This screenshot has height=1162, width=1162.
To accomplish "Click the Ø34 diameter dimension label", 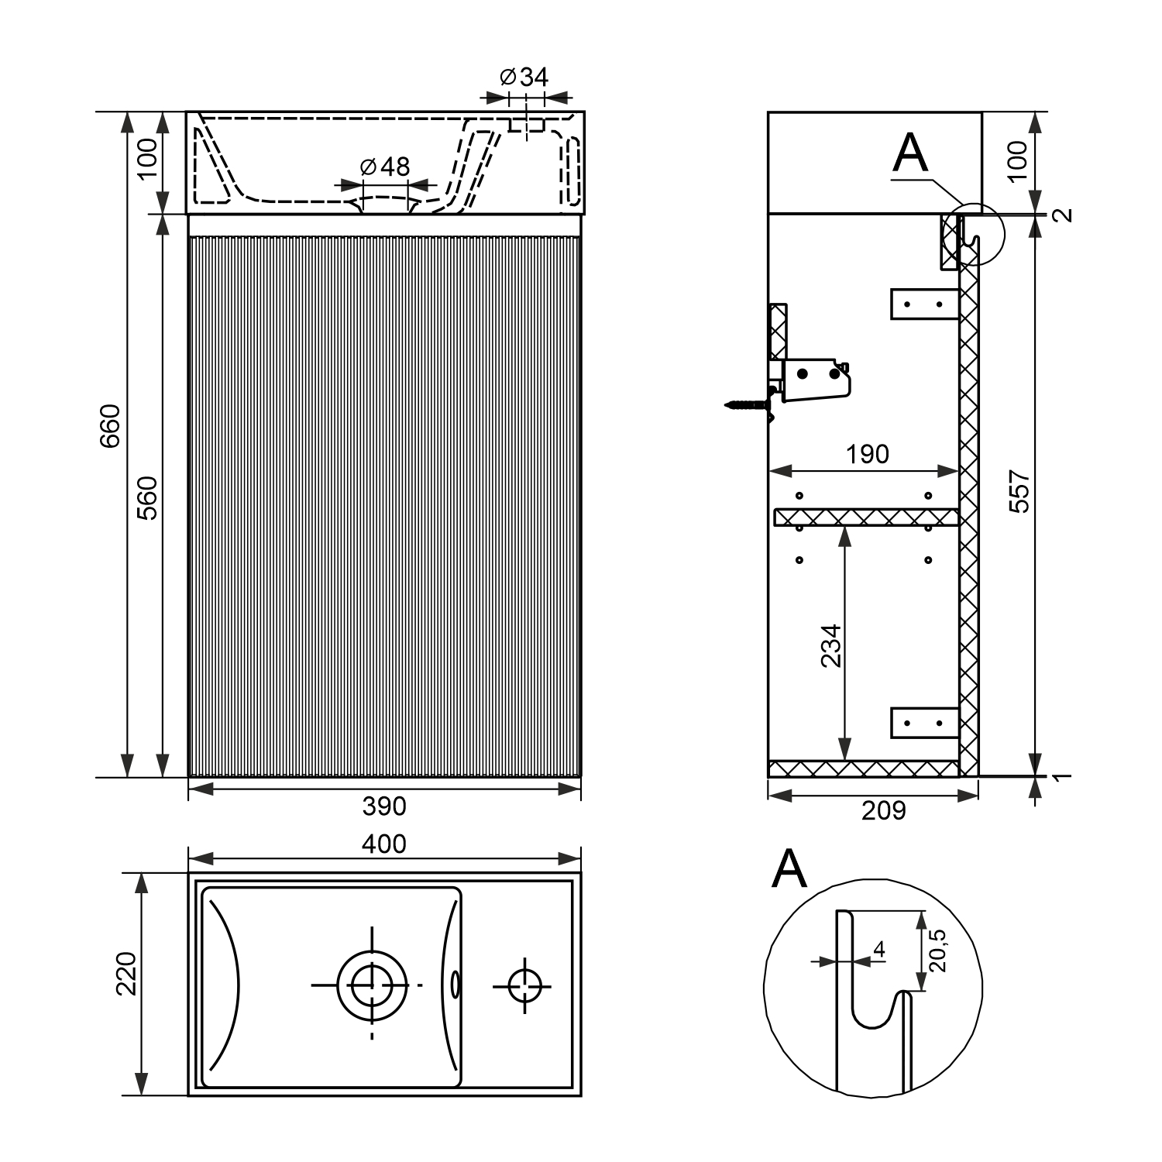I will click(524, 77).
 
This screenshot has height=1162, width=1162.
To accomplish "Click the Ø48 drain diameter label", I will click(385, 167).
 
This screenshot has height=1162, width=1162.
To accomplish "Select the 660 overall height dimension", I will click(110, 425).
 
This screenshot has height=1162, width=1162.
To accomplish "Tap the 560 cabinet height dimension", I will click(147, 497).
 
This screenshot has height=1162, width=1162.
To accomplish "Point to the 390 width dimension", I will click(384, 806).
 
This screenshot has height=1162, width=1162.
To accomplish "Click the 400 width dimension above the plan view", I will click(384, 844).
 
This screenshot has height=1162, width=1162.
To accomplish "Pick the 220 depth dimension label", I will click(125, 974).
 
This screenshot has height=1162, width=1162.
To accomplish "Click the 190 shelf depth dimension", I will click(867, 454).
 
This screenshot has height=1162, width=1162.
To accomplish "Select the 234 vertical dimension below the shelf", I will click(830, 645).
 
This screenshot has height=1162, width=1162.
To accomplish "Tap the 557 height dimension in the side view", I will click(1020, 490).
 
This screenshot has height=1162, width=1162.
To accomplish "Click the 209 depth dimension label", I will click(883, 810).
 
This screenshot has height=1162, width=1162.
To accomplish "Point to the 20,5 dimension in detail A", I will click(938, 950).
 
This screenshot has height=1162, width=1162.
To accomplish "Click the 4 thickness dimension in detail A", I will click(878, 948).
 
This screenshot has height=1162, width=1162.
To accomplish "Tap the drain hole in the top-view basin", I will click(372, 985).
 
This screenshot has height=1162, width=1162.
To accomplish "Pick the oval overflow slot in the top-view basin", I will click(456, 985).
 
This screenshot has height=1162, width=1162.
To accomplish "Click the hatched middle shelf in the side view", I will click(866, 517).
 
